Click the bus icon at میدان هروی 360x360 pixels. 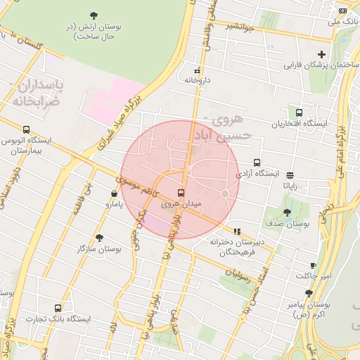(x=181, y=193)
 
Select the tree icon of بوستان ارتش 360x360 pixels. (x=94, y=15)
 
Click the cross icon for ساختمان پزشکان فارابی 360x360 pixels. (x=322, y=54)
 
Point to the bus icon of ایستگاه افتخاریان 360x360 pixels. (x=299, y=112)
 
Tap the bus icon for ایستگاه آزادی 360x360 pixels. (x=257, y=162)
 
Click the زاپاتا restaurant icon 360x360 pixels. (x=290, y=176)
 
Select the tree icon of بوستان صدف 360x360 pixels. (x=287, y=212)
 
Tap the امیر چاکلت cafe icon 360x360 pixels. (x=313, y=265)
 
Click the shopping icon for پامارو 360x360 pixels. (x=114, y=193)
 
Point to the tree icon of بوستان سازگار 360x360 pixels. (x=99, y=238)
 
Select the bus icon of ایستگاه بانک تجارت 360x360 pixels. (x=58, y=308)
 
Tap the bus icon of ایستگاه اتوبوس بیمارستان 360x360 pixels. (x=27, y=129)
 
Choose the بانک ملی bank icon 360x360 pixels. (x=342, y=11)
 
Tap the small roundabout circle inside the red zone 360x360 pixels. (x=225, y=193)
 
